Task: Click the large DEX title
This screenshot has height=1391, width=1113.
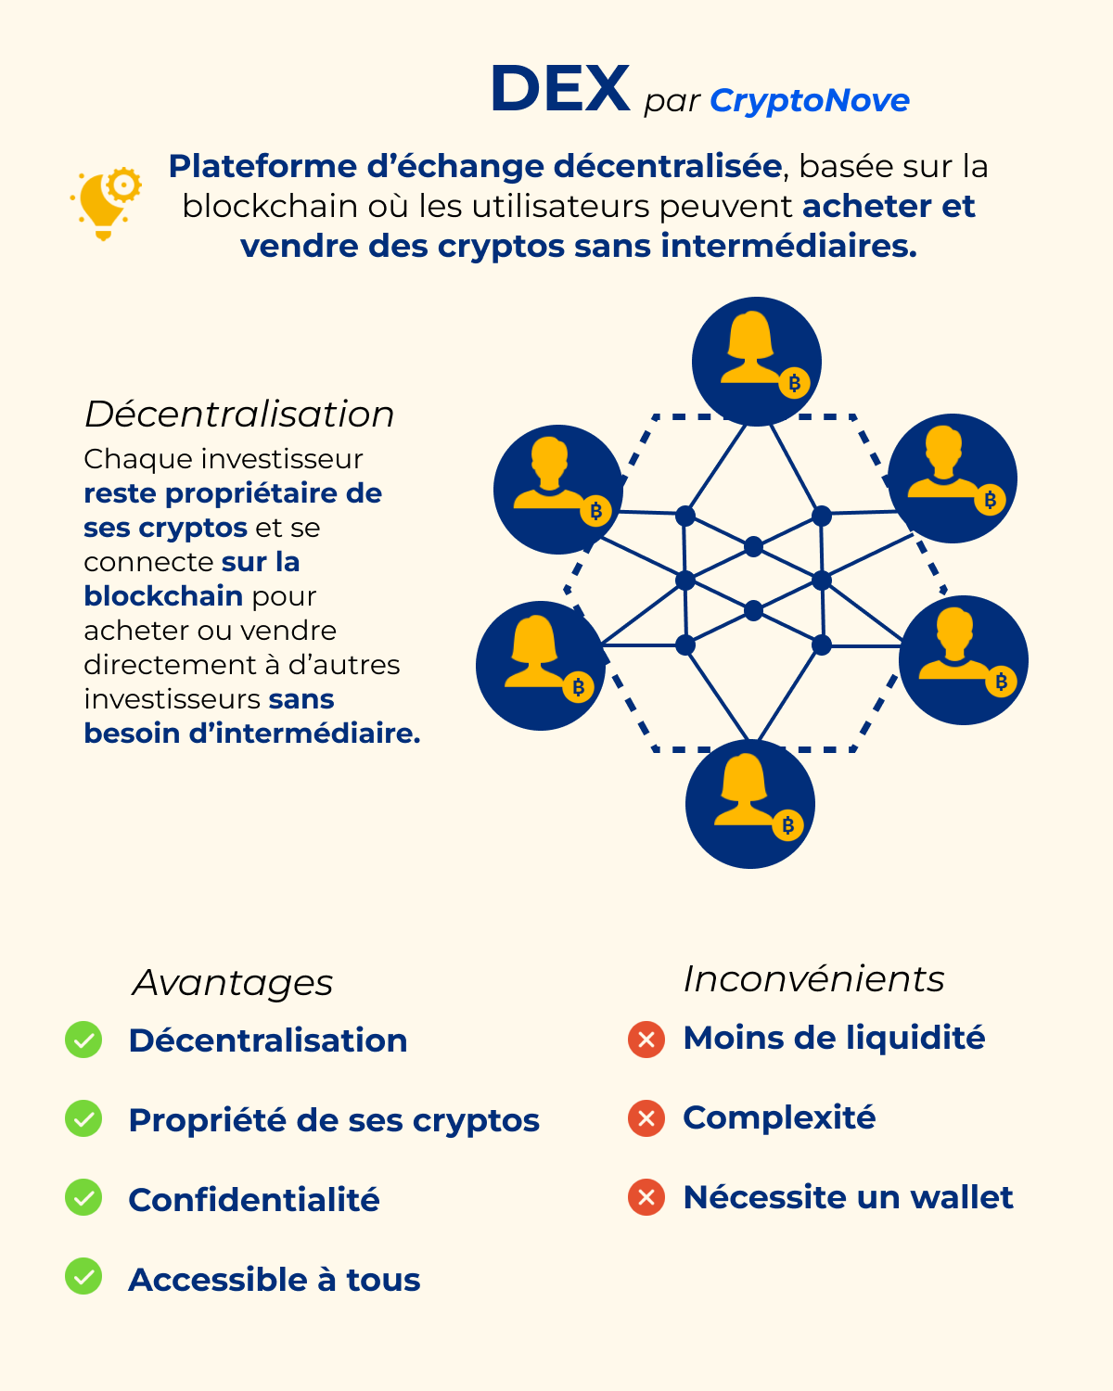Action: [560, 90]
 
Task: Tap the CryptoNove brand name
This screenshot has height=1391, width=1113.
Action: [809, 100]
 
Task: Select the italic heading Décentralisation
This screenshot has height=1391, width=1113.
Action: [239, 415]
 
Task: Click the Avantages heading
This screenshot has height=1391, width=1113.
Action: [233, 983]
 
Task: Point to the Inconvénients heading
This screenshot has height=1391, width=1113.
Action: [813, 979]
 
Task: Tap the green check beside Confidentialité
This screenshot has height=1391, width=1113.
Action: [83, 1197]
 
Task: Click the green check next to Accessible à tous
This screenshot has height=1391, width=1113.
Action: [83, 1277]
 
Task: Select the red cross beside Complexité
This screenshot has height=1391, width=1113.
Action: [646, 1118]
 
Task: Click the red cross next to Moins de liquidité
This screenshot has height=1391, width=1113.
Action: [646, 1040]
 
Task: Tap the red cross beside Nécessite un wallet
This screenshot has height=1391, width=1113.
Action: [646, 1197]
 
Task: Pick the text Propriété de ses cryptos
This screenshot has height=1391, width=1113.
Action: [334, 1120]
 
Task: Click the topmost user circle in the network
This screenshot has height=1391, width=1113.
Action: [756, 361]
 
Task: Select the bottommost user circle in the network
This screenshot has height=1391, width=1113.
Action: [749, 804]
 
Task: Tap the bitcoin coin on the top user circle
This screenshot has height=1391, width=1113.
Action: [794, 382]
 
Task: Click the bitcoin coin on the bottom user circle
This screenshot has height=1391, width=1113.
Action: [787, 824]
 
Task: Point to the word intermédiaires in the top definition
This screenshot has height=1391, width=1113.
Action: [788, 247]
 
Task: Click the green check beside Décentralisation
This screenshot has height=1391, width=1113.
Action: [83, 1040]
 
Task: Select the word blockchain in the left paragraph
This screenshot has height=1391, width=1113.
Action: [163, 596]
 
